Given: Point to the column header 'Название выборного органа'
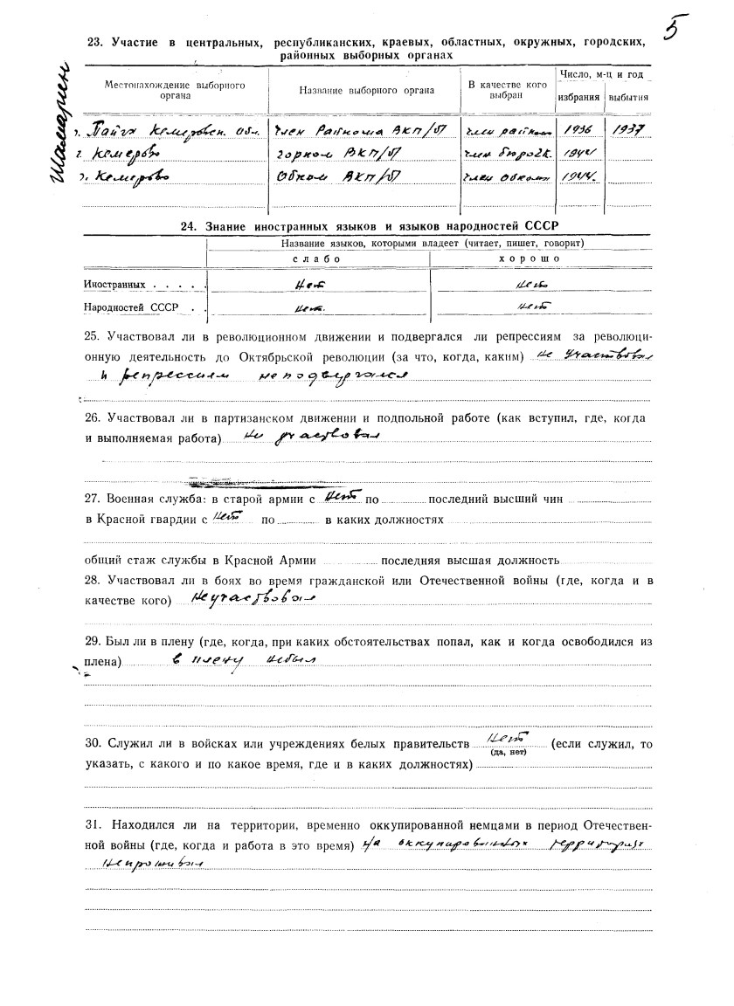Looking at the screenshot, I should point(364,91).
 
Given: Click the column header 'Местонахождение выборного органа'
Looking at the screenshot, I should point(175,91).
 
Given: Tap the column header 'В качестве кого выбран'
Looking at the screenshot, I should point(508,90).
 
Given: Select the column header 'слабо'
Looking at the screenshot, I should point(317,260).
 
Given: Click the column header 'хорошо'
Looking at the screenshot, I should point(541,260).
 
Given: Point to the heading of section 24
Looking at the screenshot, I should point(367,226).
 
